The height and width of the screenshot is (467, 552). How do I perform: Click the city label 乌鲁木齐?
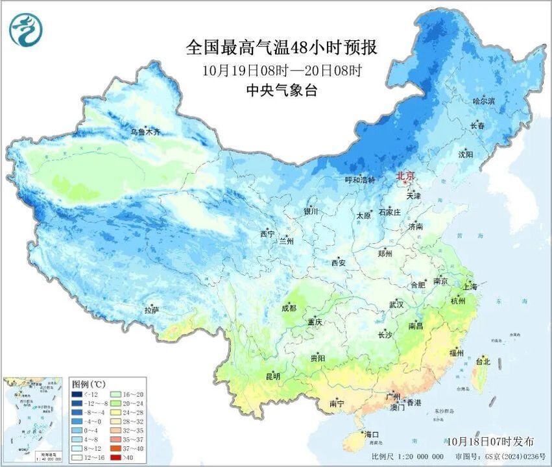(144, 132)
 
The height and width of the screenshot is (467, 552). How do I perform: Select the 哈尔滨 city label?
(483, 101)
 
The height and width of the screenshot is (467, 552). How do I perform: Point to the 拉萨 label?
(152, 310)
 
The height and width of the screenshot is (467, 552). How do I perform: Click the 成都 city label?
(289, 308)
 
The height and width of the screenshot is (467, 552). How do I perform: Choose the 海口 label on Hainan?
(371, 434)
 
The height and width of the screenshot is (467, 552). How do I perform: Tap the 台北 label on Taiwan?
(483, 361)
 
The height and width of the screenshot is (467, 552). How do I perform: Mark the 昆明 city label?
(273, 376)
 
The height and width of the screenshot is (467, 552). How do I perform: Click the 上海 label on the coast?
(470, 286)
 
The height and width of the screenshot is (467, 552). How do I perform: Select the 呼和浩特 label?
(359, 180)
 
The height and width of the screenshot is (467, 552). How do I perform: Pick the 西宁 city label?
(267, 233)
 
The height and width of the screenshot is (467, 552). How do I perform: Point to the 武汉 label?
(396, 304)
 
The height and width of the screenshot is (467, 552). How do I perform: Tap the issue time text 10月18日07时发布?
(490, 441)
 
